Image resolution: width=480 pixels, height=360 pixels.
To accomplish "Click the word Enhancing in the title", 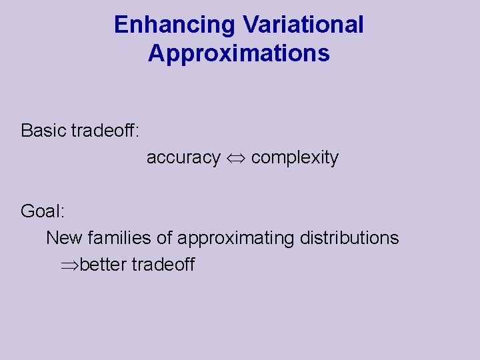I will (175, 25).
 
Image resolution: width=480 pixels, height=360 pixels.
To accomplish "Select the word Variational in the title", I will (303, 25).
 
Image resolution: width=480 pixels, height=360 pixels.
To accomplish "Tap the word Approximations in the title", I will (239, 53).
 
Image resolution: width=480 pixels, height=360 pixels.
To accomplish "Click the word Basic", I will (43, 131).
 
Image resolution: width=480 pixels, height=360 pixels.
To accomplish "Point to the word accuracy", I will (183, 158).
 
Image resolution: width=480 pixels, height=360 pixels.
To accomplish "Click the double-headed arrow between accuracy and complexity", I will (235, 159).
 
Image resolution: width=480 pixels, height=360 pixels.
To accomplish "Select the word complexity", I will (295, 158).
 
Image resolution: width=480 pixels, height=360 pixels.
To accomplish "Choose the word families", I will (119, 238).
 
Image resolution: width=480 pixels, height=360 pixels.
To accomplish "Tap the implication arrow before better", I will (70, 265).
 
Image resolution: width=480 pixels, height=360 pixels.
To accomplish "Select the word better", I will (103, 265).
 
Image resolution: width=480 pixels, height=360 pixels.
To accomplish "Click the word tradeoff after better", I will (163, 265).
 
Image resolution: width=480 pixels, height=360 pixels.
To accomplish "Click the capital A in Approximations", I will (157, 53).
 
